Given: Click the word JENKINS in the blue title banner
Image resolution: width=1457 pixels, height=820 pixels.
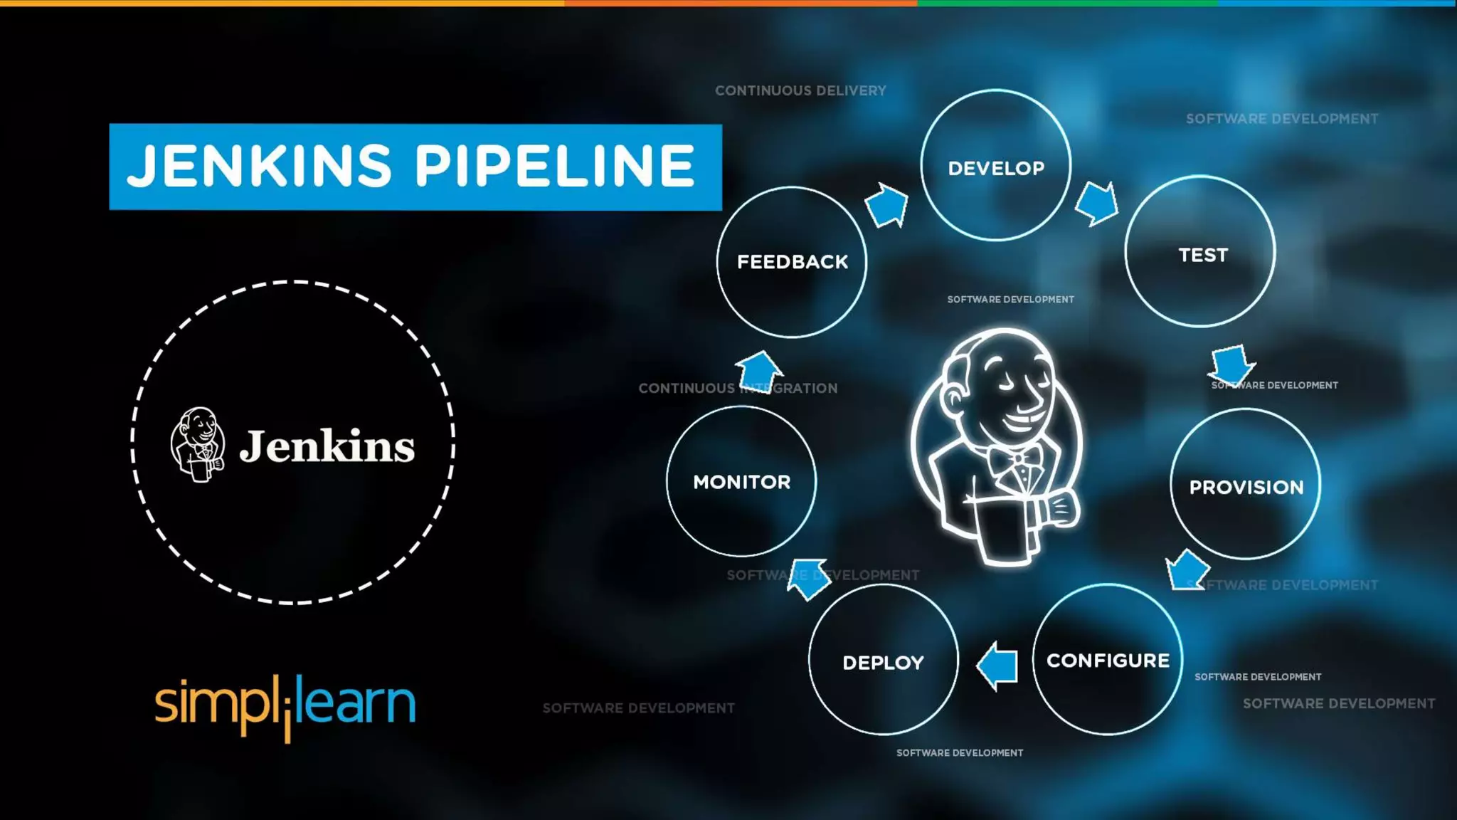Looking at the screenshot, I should point(260,166).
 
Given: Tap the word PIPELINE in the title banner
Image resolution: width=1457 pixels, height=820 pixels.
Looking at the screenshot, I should point(554,166).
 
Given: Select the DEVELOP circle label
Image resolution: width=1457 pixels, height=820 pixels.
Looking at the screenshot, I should point(996,169).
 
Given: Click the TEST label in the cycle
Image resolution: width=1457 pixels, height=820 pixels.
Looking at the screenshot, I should point(1203,255).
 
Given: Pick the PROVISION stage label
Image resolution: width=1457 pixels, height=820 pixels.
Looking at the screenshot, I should point(1246,488).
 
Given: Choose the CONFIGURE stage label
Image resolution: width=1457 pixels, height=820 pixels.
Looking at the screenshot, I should point(1108,661).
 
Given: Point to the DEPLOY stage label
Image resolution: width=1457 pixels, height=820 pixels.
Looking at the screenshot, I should point(883,663).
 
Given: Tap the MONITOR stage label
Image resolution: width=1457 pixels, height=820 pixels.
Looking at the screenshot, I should point(741,482).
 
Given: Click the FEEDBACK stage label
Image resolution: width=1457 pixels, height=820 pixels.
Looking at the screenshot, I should point(793,262).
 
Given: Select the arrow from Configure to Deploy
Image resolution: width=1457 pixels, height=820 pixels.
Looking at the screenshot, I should point(997,666).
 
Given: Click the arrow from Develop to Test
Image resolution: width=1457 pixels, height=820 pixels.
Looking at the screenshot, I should point(1096,204).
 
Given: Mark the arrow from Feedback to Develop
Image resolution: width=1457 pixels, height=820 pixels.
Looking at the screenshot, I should point(886,205).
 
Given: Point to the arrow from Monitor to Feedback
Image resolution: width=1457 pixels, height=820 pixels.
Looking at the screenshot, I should point(759,370).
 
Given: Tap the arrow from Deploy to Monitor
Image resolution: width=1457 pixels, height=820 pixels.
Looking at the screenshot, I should point(810,579).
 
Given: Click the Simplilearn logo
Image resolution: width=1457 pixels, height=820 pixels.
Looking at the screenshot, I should point(285,705).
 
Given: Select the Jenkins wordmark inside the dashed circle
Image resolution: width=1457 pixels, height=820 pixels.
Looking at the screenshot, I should point(327,447).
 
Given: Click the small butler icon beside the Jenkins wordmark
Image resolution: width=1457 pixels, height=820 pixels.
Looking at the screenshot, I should point(198,444).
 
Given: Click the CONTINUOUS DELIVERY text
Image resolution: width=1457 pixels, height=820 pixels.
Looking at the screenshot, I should point(800,91).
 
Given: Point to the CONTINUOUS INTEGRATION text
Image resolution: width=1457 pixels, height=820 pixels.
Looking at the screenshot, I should point(738,389).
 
